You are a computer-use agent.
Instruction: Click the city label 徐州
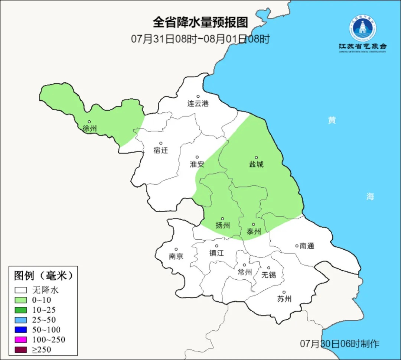(x=90, y=129)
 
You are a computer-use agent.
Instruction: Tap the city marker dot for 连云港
(x=198, y=97)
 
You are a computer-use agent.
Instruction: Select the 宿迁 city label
(x=161, y=150)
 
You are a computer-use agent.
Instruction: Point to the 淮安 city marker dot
(x=197, y=157)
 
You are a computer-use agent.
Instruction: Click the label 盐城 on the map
(x=256, y=164)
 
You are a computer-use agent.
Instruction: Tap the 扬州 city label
(x=223, y=225)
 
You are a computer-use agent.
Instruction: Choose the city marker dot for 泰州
(x=253, y=224)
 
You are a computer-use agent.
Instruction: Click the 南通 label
(x=307, y=246)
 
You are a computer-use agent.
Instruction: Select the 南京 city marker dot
(x=176, y=250)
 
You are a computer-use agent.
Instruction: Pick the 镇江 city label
(x=217, y=253)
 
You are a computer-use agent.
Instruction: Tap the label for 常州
(x=245, y=272)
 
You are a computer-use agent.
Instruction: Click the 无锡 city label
(x=269, y=275)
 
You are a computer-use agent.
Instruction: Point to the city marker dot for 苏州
(x=284, y=292)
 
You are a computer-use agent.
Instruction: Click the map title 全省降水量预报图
(x=200, y=22)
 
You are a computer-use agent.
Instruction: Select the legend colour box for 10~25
(x=21, y=309)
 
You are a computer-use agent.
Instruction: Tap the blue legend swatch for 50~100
(x=21, y=330)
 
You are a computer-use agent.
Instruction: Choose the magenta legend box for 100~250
(x=21, y=340)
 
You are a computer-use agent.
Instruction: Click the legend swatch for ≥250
(x=21, y=350)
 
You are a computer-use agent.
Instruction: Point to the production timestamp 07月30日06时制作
(x=339, y=344)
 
